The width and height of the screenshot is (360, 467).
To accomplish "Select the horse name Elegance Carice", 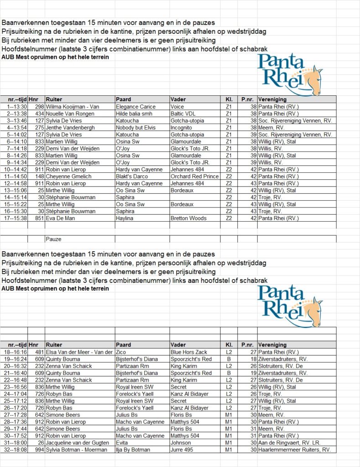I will coord(136,107).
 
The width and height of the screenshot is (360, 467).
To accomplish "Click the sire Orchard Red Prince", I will coord(194,176).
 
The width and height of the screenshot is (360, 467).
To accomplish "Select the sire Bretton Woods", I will coord(189,218).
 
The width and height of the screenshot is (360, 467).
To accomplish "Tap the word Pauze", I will coord(54,239).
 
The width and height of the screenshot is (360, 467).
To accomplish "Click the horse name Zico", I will coord(121,352).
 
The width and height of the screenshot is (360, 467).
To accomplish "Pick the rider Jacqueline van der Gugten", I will coord(76,443).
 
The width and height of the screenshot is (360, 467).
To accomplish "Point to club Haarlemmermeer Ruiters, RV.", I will coord(294,450).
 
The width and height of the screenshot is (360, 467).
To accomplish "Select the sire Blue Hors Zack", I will coord(188,352).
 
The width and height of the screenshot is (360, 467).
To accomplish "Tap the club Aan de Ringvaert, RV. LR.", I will coord(288,443).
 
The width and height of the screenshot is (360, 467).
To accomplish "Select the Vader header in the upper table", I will coord(178,99).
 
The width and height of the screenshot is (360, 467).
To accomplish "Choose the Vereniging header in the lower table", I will coord(272,345).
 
